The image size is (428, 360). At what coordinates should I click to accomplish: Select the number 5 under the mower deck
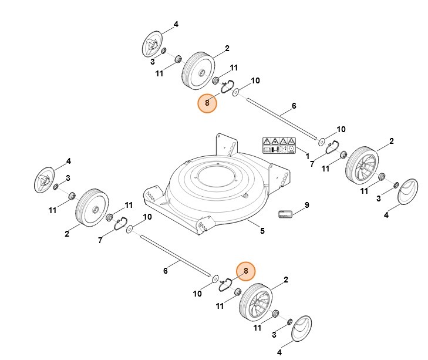[262, 231]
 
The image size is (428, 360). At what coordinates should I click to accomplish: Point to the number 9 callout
[306, 205]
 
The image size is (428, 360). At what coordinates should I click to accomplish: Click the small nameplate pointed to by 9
[285, 215]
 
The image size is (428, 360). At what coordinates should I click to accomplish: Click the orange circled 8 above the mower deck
[207, 103]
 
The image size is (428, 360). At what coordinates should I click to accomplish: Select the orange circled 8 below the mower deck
[246, 271]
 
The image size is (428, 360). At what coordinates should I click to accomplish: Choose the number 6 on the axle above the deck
[293, 106]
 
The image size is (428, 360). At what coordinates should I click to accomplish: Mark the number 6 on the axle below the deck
[166, 270]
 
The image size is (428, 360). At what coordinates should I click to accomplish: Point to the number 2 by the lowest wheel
[285, 280]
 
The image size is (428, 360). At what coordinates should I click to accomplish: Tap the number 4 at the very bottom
[279, 352]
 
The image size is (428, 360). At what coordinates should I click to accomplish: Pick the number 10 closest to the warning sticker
[341, 129]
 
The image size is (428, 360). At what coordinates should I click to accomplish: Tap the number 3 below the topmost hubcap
[152, 61]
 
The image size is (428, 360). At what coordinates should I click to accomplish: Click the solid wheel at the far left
[91, 208]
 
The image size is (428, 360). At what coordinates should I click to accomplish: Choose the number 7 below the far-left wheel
[100, 240]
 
